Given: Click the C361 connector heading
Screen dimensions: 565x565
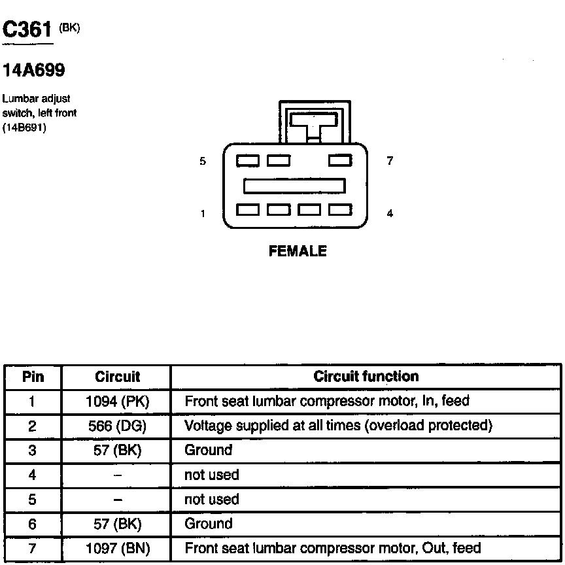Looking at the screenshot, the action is pyautogui.click(x=27, y=30).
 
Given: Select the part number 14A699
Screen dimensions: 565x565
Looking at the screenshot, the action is pyautogui.click(x=34, y=69).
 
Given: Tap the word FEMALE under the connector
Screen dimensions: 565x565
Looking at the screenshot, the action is pyautogui.click(x=298, y=251).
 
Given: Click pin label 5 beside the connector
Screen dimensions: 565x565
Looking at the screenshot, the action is pyautogui.click(x=203, y=161).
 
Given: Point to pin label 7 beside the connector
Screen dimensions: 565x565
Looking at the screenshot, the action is pyautogui.click(x=390, y=161).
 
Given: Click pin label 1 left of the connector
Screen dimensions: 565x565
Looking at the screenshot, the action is pyautogui.click(x=203, y=213).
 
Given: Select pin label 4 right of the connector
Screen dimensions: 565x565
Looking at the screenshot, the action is pyautogui.click(x=390, y=213).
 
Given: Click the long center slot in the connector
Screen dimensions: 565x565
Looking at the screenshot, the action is pyautogui.click(x=294, y=186).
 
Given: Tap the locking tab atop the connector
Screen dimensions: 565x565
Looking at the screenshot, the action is pyautogui.click(x=315, y=122).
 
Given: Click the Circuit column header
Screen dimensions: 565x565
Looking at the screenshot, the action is pyautogui.click(x=118, y=377).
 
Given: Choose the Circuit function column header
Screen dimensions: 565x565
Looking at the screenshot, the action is pyautogui.click(x=366, y=377).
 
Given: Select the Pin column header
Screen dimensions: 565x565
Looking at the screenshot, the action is pyautogui.click(x=33, y=377).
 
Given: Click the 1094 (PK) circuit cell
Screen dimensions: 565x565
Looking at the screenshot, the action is pyautogui.click(x=118, y=401).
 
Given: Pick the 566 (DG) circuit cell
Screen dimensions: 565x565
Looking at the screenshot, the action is pyautogui.click(x=118, y=426).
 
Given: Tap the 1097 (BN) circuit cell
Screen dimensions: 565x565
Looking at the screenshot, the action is pyautogui.click(x=118, y=548).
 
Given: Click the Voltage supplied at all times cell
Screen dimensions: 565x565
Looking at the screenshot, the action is pyautogui.click(x=338, y=426).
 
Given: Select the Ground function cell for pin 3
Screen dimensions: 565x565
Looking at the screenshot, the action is pyautogui.click(x=209, y=450).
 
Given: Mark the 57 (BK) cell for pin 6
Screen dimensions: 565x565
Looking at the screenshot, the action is pyautogui.click(x=118, y=524).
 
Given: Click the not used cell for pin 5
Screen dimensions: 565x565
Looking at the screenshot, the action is pyautogui.click(x=212, y=500).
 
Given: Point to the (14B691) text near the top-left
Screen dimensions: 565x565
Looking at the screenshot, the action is pyautogui.click(x=24, y=127).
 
